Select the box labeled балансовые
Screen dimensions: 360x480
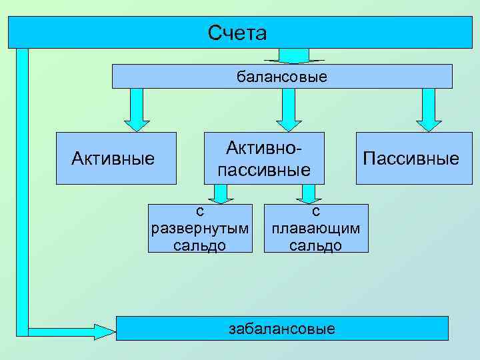coord(281,77)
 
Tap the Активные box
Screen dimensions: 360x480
coord(115,159)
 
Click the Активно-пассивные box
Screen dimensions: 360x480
coord(264,158)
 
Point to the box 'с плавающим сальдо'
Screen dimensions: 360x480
coord(316,228)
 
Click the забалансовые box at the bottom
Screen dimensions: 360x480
coord(282,328)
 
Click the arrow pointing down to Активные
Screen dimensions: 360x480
coord(137,110)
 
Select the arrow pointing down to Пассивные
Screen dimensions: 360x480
coord(429,110)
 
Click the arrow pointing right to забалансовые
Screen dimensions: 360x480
coord(73,329)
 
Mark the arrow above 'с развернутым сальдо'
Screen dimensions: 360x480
coord(219,193)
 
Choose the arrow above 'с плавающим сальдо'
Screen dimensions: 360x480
coord(308,193)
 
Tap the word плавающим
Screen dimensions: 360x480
coord(316,228)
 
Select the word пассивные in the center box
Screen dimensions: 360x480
coord(264,170)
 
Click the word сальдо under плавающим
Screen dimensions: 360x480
coord(316,245)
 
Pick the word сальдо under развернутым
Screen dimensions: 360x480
coord(200,245)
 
